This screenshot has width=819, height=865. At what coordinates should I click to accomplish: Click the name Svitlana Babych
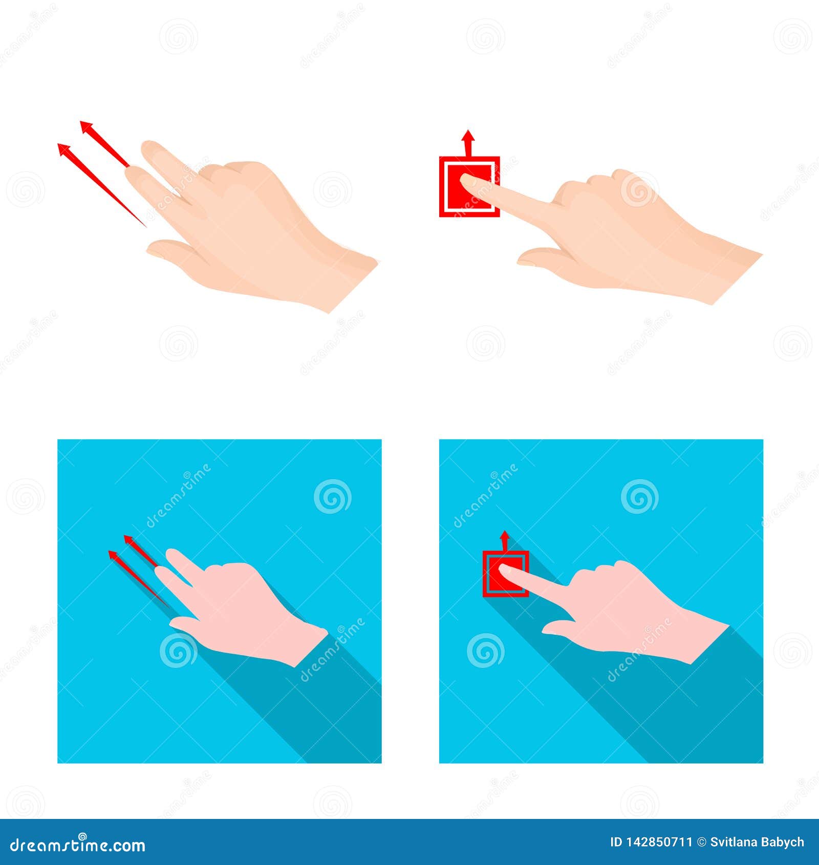[757, 842]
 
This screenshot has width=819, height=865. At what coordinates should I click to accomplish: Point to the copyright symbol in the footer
[701, 842]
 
